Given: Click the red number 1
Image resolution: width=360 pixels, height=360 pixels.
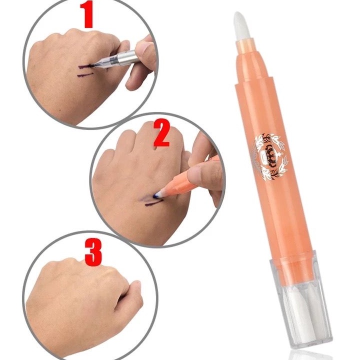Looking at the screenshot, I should coord(88,16).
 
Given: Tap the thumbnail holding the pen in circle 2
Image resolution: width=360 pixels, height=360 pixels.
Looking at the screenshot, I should coord(200,174).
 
